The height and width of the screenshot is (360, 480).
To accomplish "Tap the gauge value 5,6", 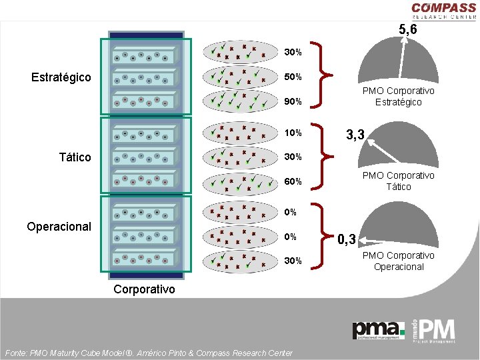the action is click(408, 29).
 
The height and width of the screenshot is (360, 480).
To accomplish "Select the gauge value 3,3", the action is click(355, 135).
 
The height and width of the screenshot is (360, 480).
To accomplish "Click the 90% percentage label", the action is click(293, 102).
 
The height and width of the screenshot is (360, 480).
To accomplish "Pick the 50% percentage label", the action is click(293, 77).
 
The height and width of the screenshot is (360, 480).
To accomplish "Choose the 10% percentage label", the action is click(293, 133).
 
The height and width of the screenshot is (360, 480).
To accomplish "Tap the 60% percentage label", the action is click(293, 181).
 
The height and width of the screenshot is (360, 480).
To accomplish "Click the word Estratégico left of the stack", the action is click(61, 77).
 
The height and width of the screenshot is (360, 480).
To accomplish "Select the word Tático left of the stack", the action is click(75, 157).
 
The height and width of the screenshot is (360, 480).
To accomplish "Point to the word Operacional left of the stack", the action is click(59, 227).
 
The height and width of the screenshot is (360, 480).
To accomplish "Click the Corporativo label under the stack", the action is click(145, 289).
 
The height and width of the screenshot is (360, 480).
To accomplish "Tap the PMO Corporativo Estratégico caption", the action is click(399, 96).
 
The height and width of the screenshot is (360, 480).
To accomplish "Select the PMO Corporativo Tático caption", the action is click(399, 181).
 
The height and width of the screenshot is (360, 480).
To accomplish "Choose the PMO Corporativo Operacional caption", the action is click(399, 261).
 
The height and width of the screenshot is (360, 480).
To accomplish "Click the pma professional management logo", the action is click(379, 330).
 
